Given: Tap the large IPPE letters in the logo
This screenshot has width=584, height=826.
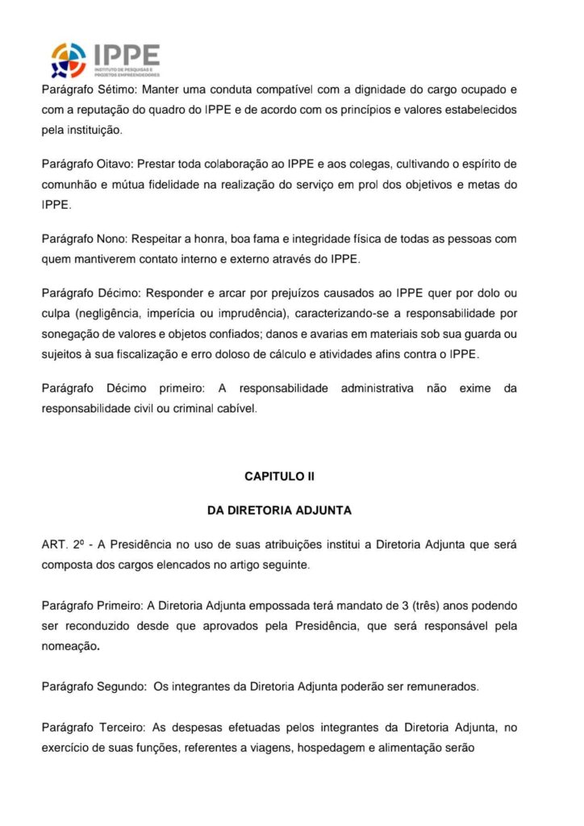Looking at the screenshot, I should point(127,56).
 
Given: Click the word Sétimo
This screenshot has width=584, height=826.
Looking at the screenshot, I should point(118,89).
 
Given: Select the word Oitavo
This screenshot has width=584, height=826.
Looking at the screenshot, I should point(117,165).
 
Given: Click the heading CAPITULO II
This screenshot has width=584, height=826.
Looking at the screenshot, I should point(279,476).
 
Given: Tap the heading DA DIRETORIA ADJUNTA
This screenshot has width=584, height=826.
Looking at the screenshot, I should point(279,511).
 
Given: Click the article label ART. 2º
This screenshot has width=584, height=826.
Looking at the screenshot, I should point(64,544).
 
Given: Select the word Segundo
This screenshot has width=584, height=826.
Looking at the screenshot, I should point(127,686).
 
